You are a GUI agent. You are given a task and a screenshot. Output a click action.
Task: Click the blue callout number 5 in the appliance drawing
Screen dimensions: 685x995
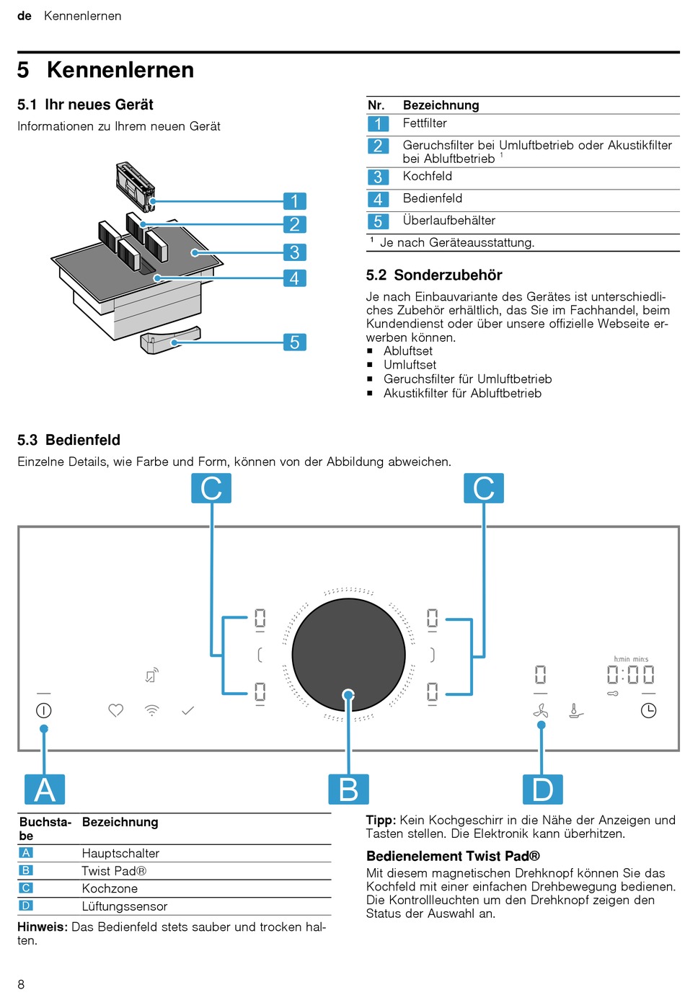click(294, 342)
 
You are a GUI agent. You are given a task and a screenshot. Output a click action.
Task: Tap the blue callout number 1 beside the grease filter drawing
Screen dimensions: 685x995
click(294, 200)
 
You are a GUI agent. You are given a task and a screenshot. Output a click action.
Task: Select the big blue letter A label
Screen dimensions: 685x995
click(45, 789)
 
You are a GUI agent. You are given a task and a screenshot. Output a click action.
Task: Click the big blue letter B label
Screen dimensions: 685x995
click(348, 789)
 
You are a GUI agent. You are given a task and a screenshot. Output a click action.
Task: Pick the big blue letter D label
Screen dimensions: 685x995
click(542, 789)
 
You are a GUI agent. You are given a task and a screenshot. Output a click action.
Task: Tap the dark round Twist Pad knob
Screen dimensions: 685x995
click(348, 654)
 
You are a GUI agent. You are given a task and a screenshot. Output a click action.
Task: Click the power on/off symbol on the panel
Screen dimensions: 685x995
click(43, 710)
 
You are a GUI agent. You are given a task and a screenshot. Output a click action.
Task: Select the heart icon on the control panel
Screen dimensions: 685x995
click(116, 710)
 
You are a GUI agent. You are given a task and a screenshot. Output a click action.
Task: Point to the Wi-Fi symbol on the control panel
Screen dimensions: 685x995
click(152, 710)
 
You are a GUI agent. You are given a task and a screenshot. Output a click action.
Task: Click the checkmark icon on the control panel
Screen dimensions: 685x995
click(188, 711)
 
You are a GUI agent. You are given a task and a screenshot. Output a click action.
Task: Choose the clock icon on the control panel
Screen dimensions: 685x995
click(648, 710)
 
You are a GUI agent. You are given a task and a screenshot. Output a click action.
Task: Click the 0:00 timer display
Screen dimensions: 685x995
click(630, 674)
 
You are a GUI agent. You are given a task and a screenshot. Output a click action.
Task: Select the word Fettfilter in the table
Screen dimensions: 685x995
click(425, 123)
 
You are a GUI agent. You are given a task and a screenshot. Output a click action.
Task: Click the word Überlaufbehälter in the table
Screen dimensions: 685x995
click(448, 221)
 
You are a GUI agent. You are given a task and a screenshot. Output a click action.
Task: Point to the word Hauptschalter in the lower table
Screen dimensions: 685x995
click(120, 853)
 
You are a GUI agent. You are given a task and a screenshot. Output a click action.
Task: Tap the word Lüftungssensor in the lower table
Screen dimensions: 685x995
click(125, 906)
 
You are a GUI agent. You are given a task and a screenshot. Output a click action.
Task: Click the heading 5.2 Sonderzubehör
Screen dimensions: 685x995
click(434, 275)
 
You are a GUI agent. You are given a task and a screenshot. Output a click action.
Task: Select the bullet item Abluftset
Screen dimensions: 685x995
click(408, 351)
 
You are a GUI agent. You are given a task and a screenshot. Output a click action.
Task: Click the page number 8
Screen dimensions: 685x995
click(21, 984)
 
